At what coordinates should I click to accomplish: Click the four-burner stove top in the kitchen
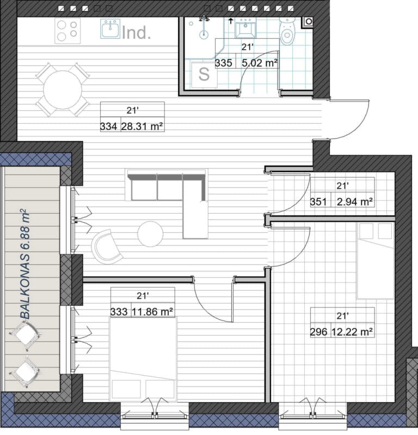click(x=67, y=31)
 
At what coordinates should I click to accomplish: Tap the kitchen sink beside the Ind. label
click(x=110, y=28)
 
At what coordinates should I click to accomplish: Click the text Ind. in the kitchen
click(x=136, y=33)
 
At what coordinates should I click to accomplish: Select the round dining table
click(x=63, y=89)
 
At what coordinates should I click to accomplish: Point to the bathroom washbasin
click(x=245, y=28)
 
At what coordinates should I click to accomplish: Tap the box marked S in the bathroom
click(x=204, y=74)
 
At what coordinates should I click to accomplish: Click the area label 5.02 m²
click(x=260, y=63)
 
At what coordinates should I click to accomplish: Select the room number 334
click(x=108, y=126)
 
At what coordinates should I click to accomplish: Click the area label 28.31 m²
click(x=142, y=126)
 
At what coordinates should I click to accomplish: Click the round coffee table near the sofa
click(x=150, y=234)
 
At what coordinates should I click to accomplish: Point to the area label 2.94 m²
click(x=354, y=202)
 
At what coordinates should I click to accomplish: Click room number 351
click(x=318, y=202)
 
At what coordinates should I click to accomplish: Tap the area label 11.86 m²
click(x=152, y=312)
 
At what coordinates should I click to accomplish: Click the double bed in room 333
click(x=143, y=360)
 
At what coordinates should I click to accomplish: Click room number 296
click(x=319, y=332)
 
